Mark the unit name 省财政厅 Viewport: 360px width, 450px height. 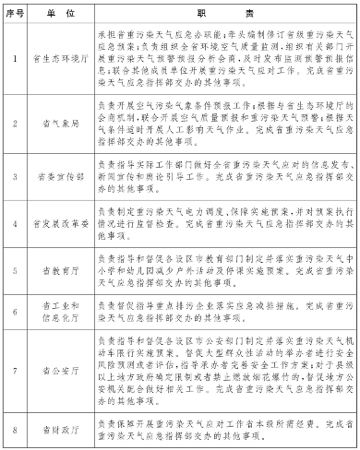pyautogui.click(x=58, y=428)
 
